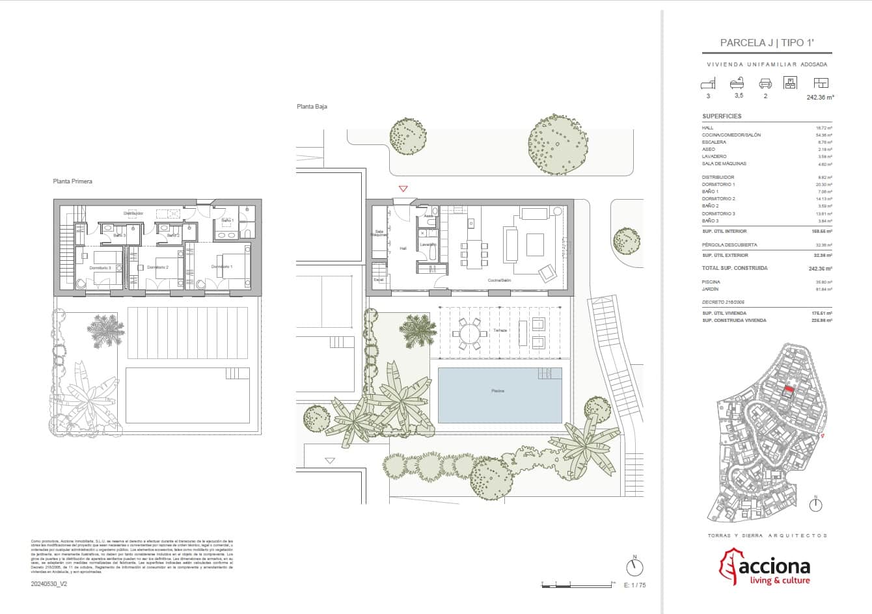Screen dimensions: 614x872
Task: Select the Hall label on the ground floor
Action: click(x=403, y=248)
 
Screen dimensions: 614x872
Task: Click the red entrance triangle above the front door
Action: click(x=403, y=189)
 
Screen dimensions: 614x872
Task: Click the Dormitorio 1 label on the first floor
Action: click(x=222, y=267)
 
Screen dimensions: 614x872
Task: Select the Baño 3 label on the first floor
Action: click(x=119, y=235)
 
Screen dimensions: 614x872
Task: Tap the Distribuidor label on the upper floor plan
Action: click(x=133, y=213)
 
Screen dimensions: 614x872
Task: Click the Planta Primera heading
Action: click(x=72, y=181)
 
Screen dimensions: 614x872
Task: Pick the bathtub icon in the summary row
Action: click(x=737, y=83)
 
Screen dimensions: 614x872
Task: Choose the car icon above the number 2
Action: click(x=765, y=83)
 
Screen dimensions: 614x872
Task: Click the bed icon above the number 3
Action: click(x=708, y=83)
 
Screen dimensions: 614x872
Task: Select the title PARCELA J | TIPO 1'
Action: click(x=767, y=43)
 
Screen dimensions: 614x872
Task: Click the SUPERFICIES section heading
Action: click(x=722, y=116)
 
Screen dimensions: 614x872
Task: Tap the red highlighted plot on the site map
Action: click(x=788, y=390)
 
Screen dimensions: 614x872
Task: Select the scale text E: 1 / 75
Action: click(x=634, y=585)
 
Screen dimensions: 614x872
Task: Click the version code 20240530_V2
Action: click(x=49, y=584)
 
